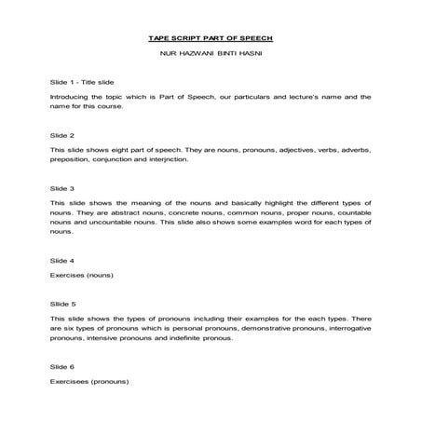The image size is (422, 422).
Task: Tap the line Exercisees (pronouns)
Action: [89, 382]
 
